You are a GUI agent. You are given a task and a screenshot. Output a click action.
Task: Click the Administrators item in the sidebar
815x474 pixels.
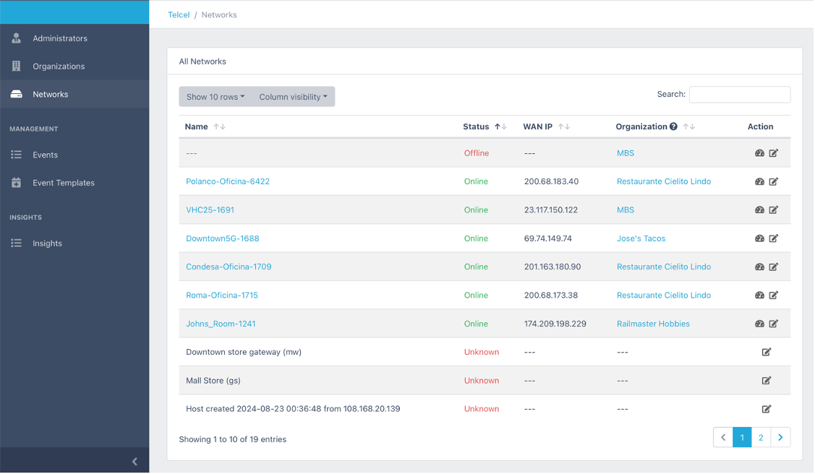pos(60,38)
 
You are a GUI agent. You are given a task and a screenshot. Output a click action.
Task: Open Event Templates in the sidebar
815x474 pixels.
pos(64,183)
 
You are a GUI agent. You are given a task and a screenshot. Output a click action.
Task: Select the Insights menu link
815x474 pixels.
pos(47,244)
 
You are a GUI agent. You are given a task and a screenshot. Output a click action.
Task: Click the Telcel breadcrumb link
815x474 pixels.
pos(179,15)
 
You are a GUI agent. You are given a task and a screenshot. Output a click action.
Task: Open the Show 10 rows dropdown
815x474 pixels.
pos(216,97)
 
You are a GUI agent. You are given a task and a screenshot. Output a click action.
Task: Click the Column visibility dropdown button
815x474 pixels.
pos(293,97)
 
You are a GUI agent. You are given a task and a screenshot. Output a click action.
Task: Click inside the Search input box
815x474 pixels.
pos(740,95)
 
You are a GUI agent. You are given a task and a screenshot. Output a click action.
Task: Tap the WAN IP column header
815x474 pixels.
pos(537,126)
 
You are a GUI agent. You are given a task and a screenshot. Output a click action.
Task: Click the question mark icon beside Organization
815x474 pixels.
pos(674,126)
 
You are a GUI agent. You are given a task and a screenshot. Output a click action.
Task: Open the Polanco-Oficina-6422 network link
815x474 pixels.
pos(228,181)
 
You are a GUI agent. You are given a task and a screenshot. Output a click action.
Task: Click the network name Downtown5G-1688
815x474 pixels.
pos(223,239)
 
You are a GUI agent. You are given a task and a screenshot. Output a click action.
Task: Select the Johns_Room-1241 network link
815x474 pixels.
pos(221,324)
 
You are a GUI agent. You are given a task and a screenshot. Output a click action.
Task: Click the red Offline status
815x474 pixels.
pos(477,153)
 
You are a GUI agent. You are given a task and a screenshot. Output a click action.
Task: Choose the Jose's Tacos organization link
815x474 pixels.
pos(641,239)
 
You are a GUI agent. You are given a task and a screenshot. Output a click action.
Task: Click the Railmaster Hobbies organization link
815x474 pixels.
pos(653,324)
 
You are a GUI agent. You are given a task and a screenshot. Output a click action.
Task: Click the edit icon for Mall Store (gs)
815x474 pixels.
pos(766,381)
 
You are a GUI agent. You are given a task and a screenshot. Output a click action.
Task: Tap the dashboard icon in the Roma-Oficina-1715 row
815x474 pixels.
pos(759,296)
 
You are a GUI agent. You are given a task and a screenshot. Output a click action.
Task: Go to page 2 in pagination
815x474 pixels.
pos(761,438)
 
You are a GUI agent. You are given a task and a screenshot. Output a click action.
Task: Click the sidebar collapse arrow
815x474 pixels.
pos(135,462)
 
